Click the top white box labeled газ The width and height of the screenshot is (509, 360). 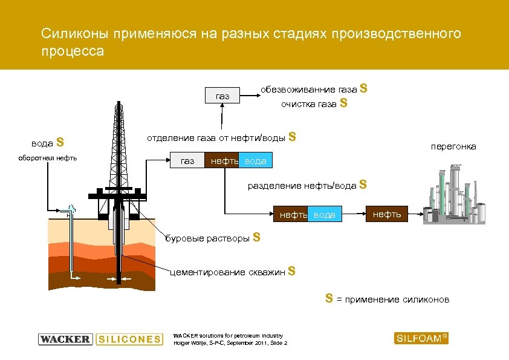pos(223,96)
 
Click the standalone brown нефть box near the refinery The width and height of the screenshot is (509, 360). pos(386,214)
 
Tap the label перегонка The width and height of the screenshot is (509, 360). pos(453,146)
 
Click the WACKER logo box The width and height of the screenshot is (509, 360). pos(65,339)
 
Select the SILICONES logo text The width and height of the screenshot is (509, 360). pos(129,339)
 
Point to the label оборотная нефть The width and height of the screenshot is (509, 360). pos(54,158)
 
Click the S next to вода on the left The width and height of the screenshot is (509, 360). pos(60,143)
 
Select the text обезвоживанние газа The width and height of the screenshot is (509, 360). pos(308,90)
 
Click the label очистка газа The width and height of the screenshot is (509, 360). pos(308,104)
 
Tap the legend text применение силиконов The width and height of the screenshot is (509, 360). pos(397,299)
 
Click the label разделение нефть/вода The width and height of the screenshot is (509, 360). pos(302,186)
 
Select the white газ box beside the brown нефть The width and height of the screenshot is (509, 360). pos(187,161)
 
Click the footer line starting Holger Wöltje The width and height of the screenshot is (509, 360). pos(230,343)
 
